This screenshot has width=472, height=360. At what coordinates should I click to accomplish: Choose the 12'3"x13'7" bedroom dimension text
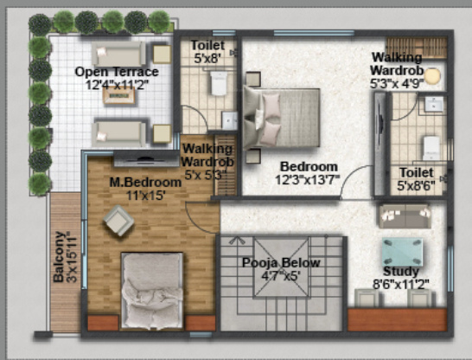click(307, 180)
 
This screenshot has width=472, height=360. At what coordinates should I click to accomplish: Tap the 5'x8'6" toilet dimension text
click(415, 185)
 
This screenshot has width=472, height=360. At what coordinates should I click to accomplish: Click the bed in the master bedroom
click(152, 290)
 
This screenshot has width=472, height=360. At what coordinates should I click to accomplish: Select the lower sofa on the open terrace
click(119, 132)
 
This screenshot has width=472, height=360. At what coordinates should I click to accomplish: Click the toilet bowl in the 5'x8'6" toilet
click(431, 145)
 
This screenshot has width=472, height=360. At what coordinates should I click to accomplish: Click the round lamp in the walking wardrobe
click(431, 75)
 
